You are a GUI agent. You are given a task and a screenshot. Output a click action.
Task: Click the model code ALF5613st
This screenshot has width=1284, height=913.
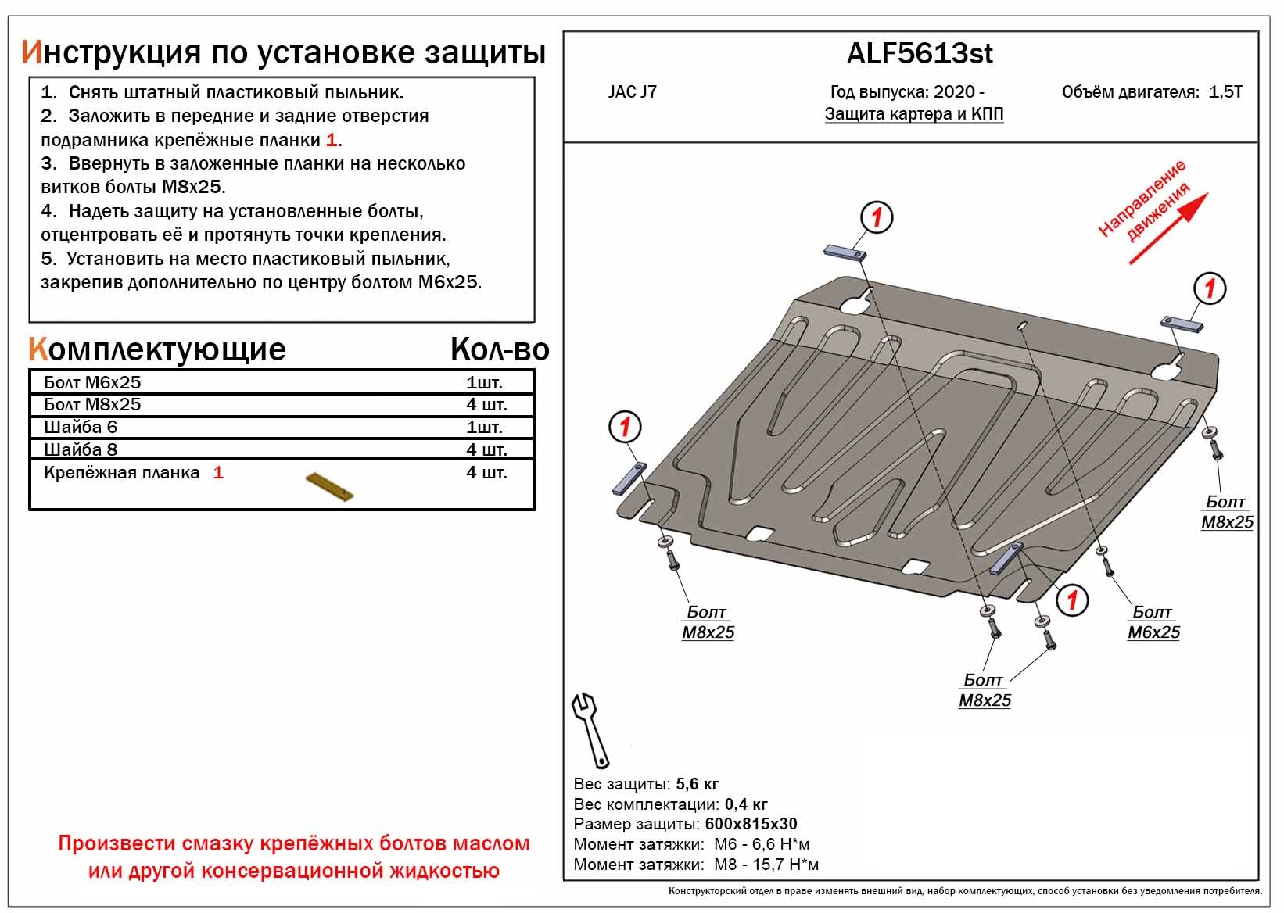[920, 53]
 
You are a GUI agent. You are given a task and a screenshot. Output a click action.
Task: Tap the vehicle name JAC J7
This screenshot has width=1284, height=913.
[632, 91]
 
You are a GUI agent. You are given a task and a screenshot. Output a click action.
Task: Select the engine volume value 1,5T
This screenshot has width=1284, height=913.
[1225, 91]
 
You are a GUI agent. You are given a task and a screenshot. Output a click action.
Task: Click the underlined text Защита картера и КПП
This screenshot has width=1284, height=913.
[913, 114]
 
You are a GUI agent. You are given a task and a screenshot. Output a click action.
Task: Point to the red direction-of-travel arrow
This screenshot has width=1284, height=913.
[1169, 227]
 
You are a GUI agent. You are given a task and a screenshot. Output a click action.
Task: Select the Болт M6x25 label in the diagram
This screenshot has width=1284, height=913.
[1153, 622]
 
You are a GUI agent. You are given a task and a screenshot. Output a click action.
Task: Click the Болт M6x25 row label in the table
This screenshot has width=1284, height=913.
[92, 382]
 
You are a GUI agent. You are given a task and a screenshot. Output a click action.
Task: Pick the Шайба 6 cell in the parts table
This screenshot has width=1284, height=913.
[81, 427]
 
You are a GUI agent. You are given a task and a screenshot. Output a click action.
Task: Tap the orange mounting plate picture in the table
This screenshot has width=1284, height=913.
[329, 487]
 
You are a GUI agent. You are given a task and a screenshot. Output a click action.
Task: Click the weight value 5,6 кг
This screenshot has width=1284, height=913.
[697, 784]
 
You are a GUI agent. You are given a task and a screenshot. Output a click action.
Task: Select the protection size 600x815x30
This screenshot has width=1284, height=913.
[751, 824]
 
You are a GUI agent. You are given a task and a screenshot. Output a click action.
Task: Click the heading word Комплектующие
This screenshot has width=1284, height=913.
[157, 349]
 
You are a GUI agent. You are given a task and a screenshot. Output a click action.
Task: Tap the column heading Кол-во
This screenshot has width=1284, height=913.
[499, 349]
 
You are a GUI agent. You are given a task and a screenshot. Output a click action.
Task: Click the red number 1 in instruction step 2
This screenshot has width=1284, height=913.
[332, 140]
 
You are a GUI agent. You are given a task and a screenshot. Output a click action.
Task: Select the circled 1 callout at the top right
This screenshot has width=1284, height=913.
[1209, 288]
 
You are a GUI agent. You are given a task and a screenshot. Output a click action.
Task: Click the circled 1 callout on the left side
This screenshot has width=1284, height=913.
[625, 427]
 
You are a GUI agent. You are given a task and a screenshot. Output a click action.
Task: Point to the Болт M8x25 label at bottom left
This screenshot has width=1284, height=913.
[708, 622]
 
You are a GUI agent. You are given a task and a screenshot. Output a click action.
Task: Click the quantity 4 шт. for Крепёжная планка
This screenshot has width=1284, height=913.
[486, 472]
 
